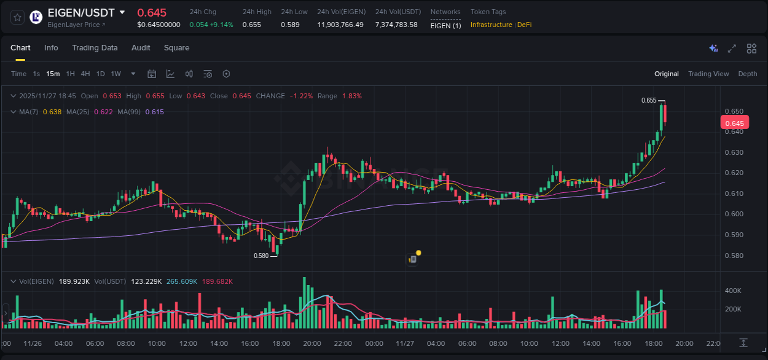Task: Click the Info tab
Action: pos(51,48)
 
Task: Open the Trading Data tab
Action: pos(95,48)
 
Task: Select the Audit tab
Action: pos(141,48)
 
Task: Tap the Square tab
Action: pos(176,48)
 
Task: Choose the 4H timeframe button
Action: pos(85,74)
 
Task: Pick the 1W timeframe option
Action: pos(116,74)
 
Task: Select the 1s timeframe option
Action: pos(36,74)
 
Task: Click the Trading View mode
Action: pos(708,74)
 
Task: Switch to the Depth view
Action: pos(748,74)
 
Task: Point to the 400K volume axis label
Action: pos(733,291)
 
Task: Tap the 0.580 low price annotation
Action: pos(261,256)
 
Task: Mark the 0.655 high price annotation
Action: pos(649,100)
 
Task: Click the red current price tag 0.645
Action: pos(734,123)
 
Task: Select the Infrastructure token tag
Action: pos(491,25)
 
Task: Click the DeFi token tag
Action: pos(524,25)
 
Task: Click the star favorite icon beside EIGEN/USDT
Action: pos(17,17)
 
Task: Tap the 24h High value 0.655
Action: pos(251,25)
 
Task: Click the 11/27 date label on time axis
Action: pos(405,343)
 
